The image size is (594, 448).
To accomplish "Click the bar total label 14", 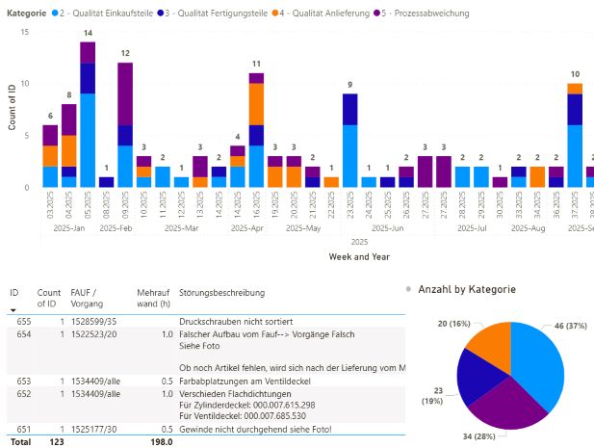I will pos(88,34).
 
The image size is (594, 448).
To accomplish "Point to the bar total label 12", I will pos(125,54).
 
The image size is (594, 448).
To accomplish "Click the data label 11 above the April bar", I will pos(256,65).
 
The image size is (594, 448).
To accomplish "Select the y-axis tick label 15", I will pos(25,33).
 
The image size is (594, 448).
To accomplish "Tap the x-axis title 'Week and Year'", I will pos(359,257).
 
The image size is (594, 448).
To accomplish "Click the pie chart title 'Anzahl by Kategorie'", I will pos(467,289).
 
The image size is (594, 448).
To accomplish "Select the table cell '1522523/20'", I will pos(93,333).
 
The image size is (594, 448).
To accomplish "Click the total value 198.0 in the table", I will pos(158,442).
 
